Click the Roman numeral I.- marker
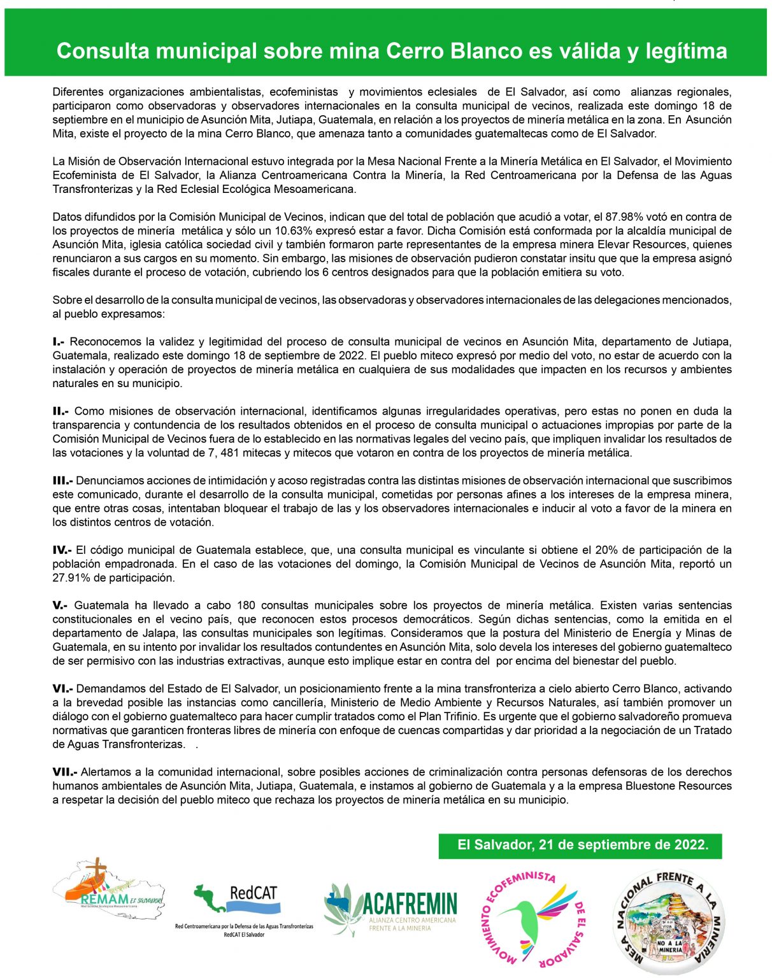coord(59,342)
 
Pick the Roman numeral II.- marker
coord(61,411)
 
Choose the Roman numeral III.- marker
coord(62,481)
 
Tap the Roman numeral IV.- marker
coord(62,550)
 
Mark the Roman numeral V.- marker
coord(60,606)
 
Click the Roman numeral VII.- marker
coord(64,772)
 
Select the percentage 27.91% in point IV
coord(71,578)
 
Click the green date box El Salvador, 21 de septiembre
coord(580,846)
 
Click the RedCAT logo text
coord(254,893)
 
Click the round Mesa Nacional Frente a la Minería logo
coord(668,921)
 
